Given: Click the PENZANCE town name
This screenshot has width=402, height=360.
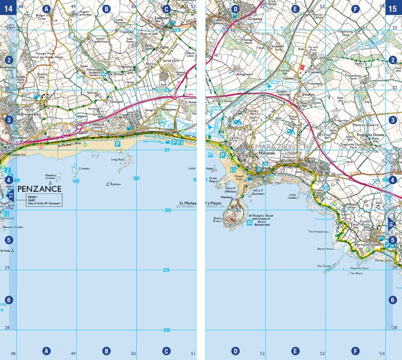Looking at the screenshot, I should point(39,189).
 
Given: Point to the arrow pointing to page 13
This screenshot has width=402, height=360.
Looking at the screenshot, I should point(11,198).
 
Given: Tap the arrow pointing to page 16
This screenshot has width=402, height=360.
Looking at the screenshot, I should point(392,224).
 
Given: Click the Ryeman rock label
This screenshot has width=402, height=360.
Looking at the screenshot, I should point(116,184).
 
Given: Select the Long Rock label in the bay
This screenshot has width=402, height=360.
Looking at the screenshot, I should point(118,159).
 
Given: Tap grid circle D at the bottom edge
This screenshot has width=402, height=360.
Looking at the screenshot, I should point(235,351).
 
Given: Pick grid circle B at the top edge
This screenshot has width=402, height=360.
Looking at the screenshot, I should point(106,9).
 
